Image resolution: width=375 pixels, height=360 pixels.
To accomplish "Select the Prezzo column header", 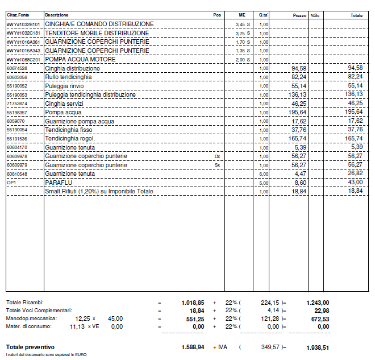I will point(299,15).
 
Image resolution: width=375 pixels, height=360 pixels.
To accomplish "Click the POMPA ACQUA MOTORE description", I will point(80,60).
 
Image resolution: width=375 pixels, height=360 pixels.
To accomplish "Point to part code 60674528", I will point(17,68).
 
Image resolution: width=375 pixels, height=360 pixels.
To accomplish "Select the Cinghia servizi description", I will point(64,104).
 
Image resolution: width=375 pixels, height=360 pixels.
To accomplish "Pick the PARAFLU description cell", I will point(58,183).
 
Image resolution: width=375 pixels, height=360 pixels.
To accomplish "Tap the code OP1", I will point(11,183).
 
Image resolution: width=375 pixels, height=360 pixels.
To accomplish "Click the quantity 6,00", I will point(264,174).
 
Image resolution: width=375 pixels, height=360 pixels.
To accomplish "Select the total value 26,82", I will point(355,173).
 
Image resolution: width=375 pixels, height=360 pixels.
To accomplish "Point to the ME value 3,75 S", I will point(243,34).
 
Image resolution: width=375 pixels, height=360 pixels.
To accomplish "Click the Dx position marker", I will point(217,156).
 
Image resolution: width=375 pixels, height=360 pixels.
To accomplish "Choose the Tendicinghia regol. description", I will point(70,139).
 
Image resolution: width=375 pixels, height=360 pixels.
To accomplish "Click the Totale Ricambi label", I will point(24,302).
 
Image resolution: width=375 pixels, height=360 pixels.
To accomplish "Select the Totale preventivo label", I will point(30,346).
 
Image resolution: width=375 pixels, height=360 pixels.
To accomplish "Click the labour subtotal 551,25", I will point(193,319).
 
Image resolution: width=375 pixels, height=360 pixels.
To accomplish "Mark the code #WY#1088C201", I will point(23,60).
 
